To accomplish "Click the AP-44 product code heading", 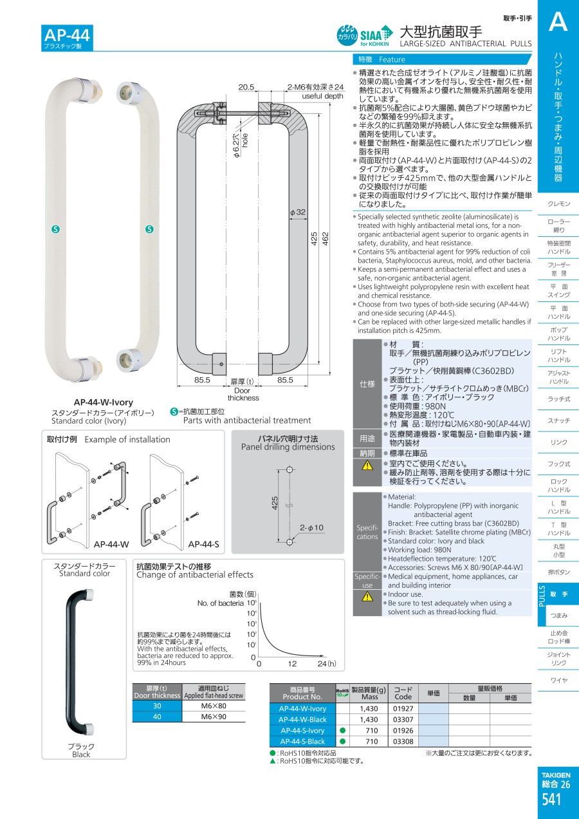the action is [67, 35].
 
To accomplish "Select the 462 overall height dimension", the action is [325, 239].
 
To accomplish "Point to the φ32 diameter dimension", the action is [298, 212].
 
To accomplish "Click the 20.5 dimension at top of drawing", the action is [246, 87].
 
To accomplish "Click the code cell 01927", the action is [403, 709].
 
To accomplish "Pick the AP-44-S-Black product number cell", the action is [302, 742].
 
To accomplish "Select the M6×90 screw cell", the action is [214, 717].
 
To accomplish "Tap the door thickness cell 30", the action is [157, 706].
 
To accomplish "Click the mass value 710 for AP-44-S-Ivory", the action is [371, 731].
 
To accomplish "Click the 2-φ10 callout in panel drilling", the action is [311, 527].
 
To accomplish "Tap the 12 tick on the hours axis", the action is [292, 664].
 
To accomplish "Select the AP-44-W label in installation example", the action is [111, 545].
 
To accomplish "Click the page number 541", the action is [551, 799].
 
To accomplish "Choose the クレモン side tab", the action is [558, 203].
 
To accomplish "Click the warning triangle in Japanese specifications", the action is [367, 465].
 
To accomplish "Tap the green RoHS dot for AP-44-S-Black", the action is [342, 742].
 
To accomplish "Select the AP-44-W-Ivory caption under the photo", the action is [104, 402].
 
